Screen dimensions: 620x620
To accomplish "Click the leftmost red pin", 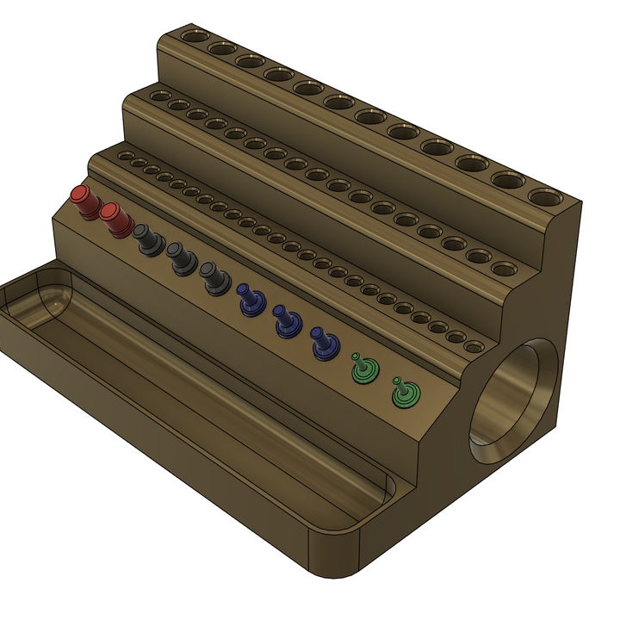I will pos(84,201).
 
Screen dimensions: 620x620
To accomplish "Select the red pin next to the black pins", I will pos(114,220).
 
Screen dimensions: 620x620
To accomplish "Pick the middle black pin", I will pos(181,258).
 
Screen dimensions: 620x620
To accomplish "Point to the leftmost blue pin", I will pos(251,301).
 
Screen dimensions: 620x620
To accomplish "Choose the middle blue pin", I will pos(286,320).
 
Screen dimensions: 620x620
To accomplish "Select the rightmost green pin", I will pos(404,394).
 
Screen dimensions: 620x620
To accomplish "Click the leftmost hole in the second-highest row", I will pos(159,96).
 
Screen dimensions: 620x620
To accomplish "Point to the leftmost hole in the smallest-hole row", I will pos(126,157).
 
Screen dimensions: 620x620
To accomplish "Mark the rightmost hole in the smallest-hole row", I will pos(473,347).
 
